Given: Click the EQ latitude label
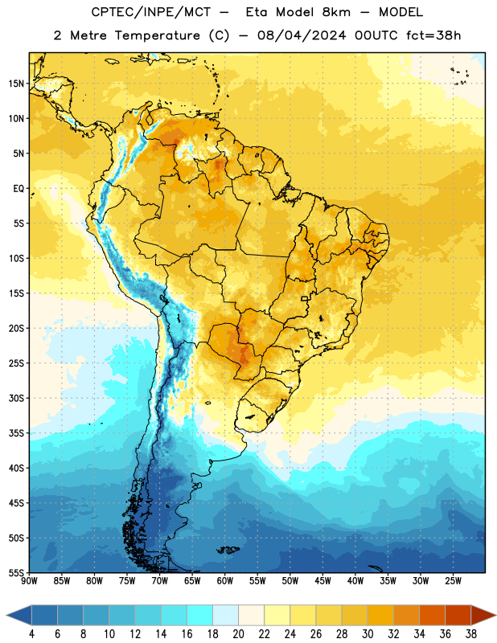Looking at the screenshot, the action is pos(18,189).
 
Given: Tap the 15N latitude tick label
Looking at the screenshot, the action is pos(16,84).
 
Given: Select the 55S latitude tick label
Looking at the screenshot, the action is pos(16,572).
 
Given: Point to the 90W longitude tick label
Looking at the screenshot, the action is pos(30,581).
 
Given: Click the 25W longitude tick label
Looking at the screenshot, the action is pos(453,581).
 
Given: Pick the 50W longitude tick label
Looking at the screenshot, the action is pos(290,581).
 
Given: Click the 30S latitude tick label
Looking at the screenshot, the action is pos(16,398).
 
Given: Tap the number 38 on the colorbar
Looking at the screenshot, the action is pos(471,634).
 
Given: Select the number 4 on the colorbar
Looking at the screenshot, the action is pos(31,634).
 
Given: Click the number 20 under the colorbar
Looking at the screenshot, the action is pos(238,634).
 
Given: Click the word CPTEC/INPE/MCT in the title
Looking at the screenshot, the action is pos(151,12).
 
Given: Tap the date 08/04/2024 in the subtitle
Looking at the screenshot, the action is pos(302,35).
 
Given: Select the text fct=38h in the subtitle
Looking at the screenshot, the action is pos(433,35).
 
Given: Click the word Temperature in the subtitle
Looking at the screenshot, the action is pos(157,35).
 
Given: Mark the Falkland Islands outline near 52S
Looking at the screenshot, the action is pos(228,550).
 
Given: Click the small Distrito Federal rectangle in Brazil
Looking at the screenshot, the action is pos(305,298).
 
